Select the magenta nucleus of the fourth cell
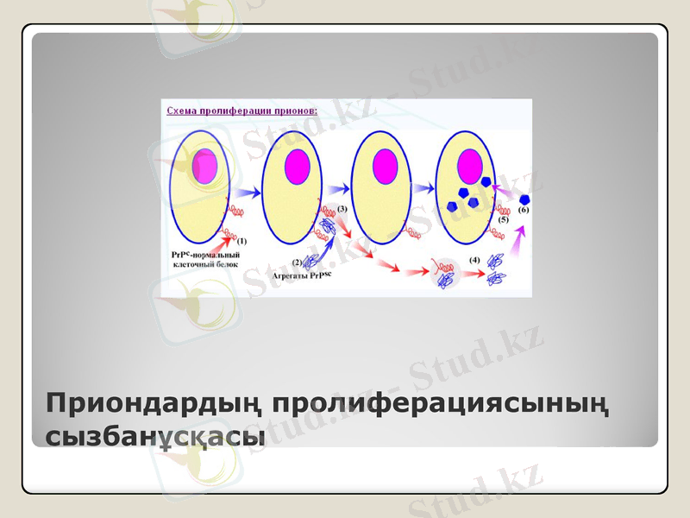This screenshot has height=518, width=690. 471,164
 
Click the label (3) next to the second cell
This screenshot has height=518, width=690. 342,209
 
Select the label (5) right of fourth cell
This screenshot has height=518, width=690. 504,220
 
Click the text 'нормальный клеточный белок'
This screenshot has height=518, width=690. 207,259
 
